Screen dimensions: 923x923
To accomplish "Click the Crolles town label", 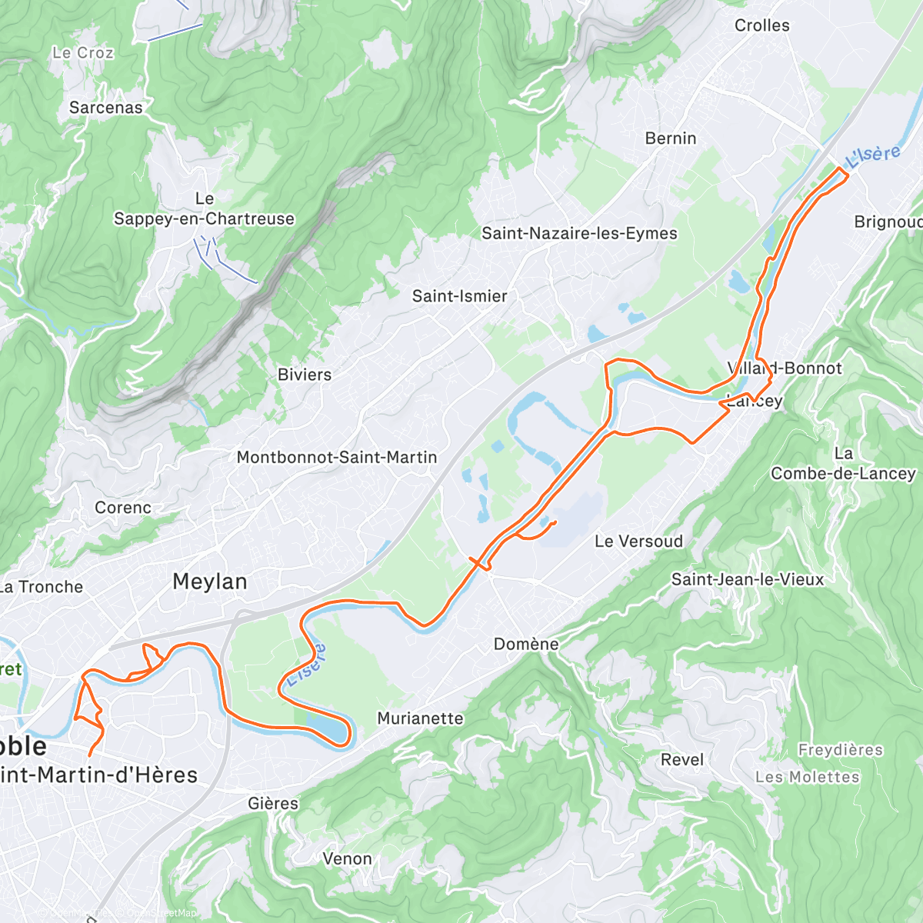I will point(761,25).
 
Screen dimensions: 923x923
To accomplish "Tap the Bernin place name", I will point(671,138).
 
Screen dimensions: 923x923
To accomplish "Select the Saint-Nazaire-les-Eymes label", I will point(579,233).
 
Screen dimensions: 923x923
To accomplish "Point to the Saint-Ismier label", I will point(459,296).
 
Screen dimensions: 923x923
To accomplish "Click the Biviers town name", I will point(305,375).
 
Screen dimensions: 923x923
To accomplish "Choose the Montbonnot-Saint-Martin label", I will point(337,457).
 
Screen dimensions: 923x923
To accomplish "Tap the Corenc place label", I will point(123,508).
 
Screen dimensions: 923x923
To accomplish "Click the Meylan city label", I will point(210,581).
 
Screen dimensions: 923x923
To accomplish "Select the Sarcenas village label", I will point(106,108).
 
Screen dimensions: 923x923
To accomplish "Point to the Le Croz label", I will point(83,53).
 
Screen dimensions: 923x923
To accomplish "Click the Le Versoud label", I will point(638,541).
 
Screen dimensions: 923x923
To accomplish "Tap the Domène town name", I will point(526,644).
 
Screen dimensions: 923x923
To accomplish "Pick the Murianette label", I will point(420,718).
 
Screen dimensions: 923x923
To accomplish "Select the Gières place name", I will point(273,803).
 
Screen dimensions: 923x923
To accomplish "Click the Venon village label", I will point(347,858).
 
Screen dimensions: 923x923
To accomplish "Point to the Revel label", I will point(682,760).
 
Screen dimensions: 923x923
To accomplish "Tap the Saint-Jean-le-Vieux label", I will point(748,579).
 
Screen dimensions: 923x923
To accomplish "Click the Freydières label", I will point(841,749).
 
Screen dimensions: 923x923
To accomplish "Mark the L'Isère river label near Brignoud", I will point(873,156).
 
